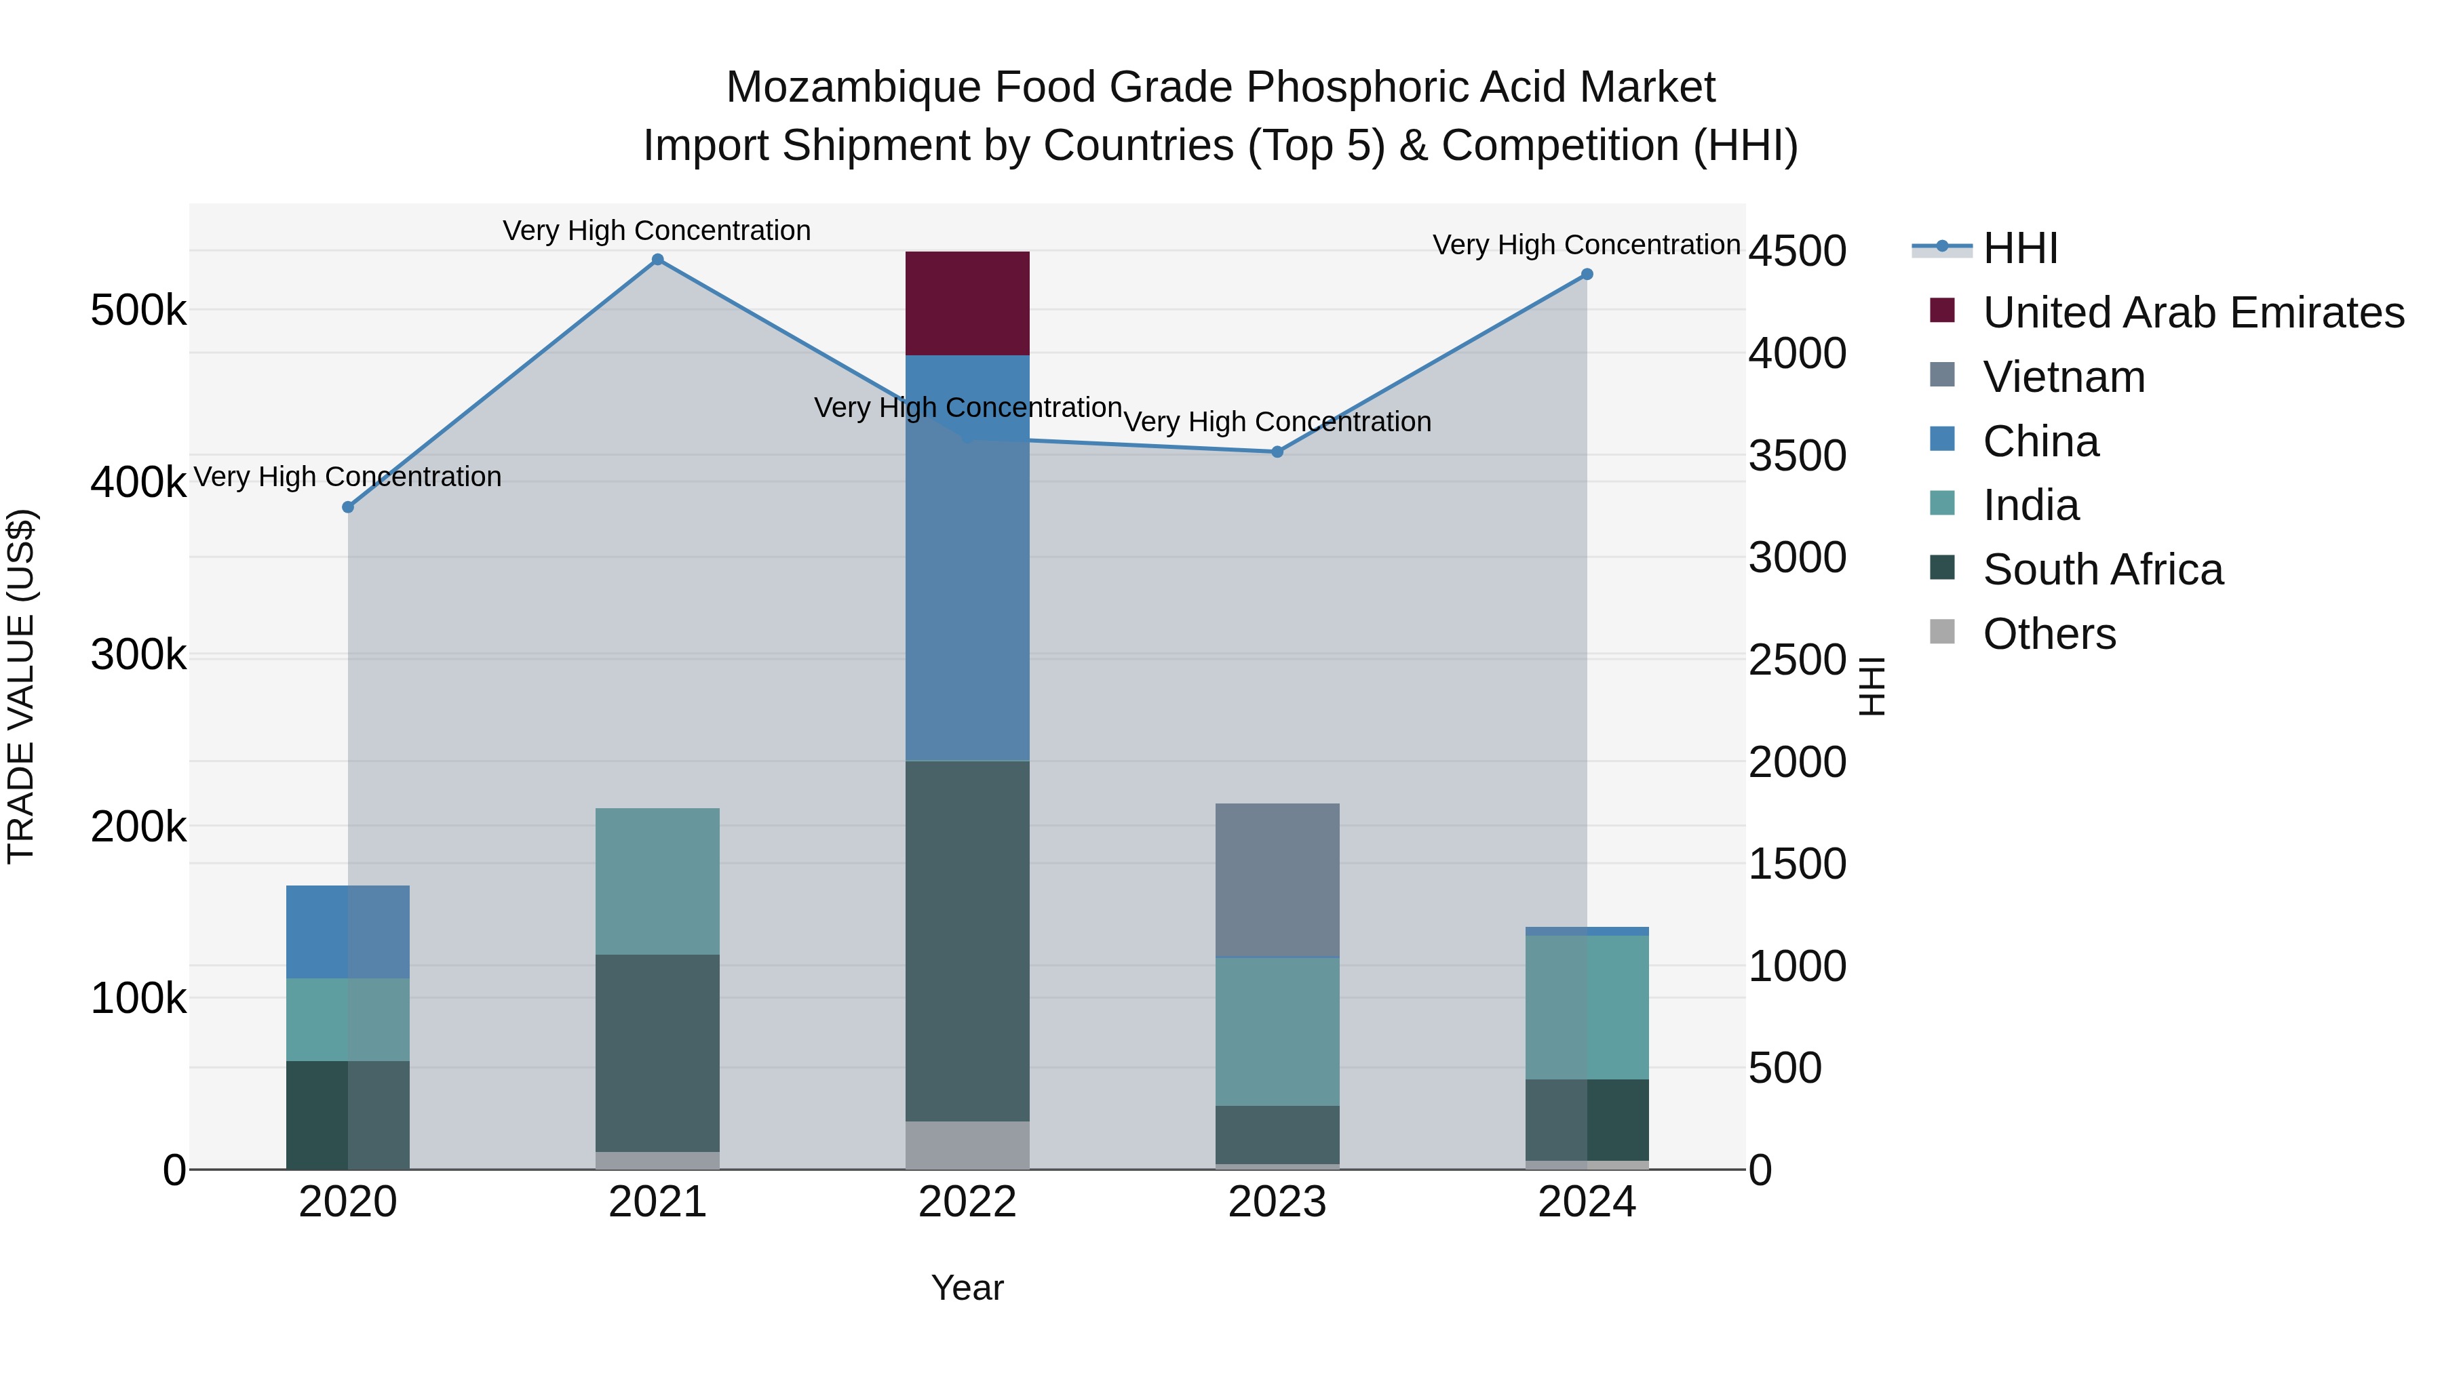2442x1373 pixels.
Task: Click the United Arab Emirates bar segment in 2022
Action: coord(967,303)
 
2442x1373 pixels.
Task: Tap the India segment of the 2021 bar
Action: coord(657,881)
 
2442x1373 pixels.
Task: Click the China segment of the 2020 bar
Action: coord(347,932)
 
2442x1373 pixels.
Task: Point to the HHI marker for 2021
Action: coord(657,260)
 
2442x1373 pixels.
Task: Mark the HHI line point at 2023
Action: coord(1277,452)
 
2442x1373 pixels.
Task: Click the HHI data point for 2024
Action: coord(1587,275)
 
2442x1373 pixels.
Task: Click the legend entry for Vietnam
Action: coord(2063,377)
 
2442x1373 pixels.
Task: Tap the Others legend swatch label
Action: coord(2049,634)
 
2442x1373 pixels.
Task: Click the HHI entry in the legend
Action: coord(2019,248)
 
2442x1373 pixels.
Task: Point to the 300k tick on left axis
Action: coord(138,654)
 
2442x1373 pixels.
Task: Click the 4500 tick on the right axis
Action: coord(1796,251)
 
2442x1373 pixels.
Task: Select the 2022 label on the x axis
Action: coord(967,1202)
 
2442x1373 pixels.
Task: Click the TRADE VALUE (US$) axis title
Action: coord(21,686)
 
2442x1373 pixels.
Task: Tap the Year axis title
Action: coord(967,1288)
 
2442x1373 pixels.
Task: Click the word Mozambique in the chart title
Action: coord(853,87)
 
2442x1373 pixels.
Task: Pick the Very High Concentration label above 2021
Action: coord(656,231)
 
